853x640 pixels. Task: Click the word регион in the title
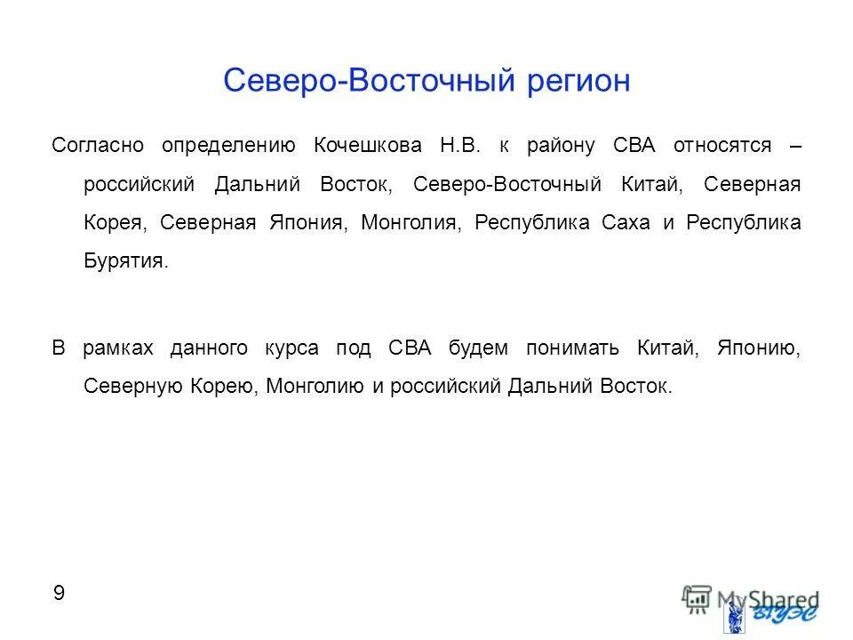coord(578,81)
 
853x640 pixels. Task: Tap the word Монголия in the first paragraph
coord(411,222)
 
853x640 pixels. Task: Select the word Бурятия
coord(125,261)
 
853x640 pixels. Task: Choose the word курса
coord(291,348)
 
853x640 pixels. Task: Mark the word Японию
coord(765,348)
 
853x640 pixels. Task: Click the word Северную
coord(132,387)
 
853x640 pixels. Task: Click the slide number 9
coord(59,594)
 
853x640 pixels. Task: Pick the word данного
coord(209,348)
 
